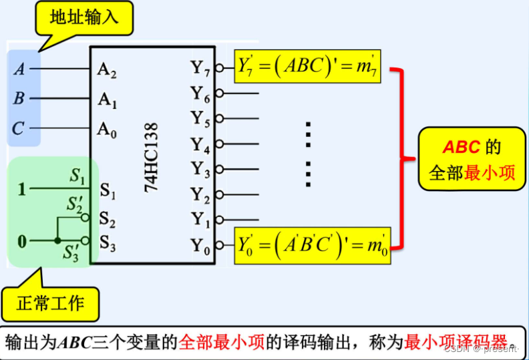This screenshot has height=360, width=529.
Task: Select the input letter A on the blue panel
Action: (19, 69)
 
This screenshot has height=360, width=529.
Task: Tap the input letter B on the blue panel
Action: (19, 99)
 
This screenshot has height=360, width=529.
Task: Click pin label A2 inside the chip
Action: (107, 69)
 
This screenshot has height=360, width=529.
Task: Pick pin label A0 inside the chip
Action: (107, 129)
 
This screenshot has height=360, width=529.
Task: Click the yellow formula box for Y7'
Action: (307, 66)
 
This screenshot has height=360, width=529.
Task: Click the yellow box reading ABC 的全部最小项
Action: (472, 160)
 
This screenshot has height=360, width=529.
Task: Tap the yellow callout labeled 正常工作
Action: (52, 304)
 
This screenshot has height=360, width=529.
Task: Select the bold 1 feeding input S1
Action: (21, 189)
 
